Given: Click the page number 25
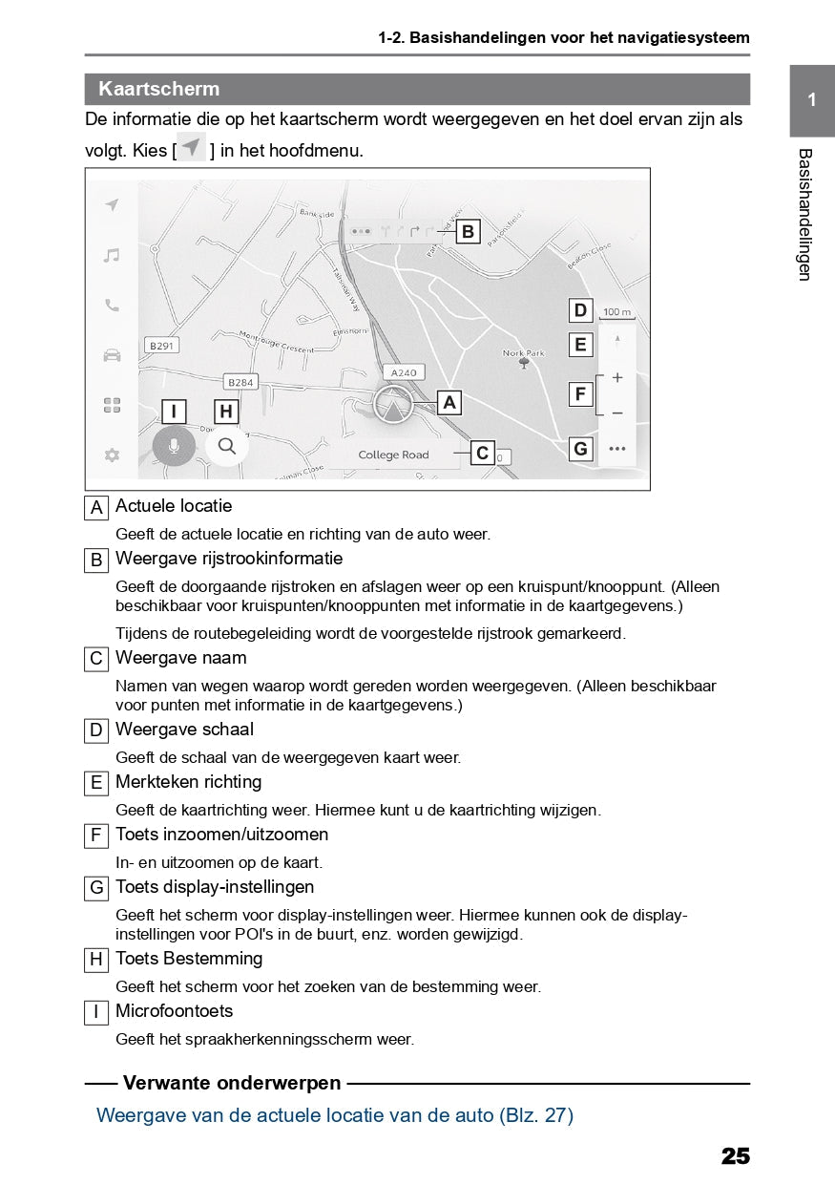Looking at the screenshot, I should click(735, 1156).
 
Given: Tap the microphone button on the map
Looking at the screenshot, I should click(174, 446).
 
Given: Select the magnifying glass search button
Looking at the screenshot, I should click(226, 445).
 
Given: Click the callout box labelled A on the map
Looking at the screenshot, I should click(449, 403).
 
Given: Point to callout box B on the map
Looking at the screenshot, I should click(468, 231).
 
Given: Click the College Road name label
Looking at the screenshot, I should click(393, 455).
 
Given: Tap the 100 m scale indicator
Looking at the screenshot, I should click(617, 312).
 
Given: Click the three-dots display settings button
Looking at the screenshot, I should click(617, 448).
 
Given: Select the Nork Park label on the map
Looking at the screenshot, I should click(523, 353).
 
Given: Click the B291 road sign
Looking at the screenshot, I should click(160, 346).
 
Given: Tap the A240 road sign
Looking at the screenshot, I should click(403, 372).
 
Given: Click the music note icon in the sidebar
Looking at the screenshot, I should click(112, 255).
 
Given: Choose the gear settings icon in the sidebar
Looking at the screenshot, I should click(112, 455).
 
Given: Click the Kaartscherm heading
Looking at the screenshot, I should click(158, 90).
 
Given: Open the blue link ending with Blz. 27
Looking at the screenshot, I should click(335, 1114).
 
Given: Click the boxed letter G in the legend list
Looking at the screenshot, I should click(95, 888).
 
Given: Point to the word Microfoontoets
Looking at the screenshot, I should click(174, 1010).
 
